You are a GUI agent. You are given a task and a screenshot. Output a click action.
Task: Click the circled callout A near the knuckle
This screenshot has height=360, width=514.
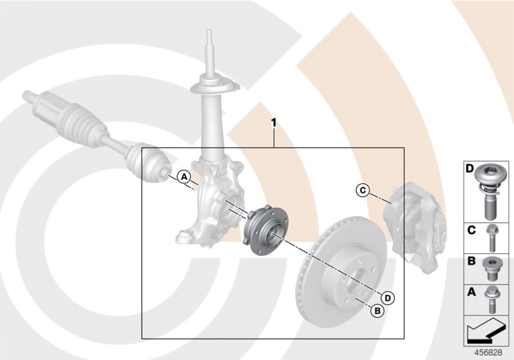click(183, 175)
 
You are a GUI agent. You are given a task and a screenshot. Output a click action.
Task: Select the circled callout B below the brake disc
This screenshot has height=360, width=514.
click(377, 310)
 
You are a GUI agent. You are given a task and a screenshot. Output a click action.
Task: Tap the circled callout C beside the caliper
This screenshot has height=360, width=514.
click(362, 190)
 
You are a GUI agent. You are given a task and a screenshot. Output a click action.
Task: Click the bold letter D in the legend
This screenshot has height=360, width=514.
click(470, 169)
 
